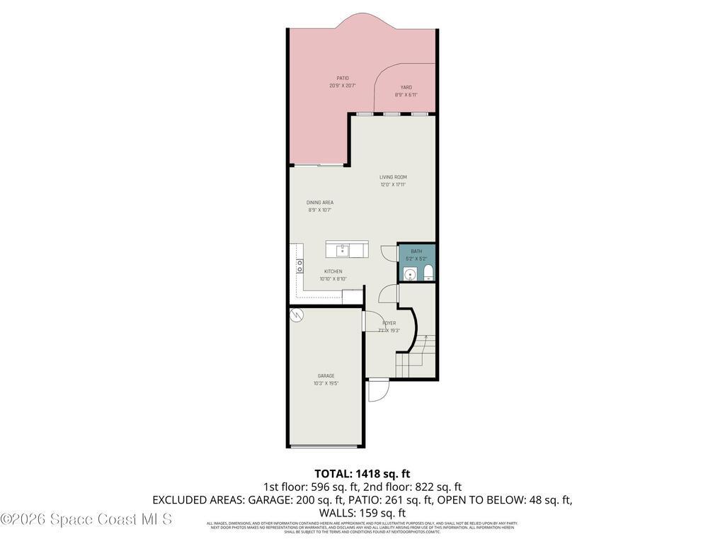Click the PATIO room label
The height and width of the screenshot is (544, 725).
point(342,78)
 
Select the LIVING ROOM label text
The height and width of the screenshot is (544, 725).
point(393,177)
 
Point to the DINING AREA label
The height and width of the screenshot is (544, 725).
point(320,203)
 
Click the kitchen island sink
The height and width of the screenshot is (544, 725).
point(342,249)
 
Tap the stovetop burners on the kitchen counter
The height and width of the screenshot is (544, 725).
point(299,266)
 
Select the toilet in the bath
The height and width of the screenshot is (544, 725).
point(428,274)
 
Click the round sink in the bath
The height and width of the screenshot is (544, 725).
point(409,274)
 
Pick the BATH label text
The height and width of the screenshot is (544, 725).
point(416,251)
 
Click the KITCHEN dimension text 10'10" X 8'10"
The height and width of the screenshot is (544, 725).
point(333,279)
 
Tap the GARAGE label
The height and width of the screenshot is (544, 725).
point(326,376)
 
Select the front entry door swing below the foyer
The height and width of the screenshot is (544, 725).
point(378,390)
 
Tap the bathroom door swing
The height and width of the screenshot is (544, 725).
point(389,253)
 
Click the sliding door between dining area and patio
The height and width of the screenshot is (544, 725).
point(319,165)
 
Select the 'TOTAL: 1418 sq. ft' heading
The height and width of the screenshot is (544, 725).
point(362,473)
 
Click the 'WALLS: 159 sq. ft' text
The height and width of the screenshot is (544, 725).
point(362,513)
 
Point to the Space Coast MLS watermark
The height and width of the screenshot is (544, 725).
point(86,519)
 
